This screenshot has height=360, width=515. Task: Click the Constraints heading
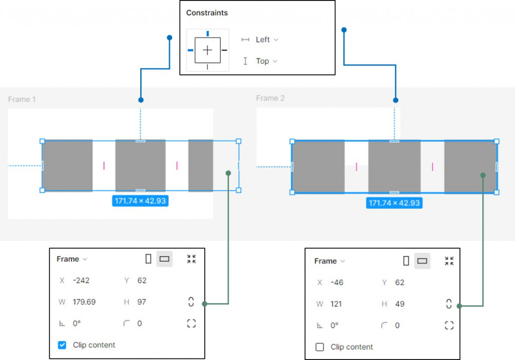pos(207,13)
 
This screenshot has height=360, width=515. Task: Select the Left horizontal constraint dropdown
pos(266,39)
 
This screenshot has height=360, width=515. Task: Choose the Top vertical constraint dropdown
pos(266,61)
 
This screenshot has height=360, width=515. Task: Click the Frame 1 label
pos(22,100)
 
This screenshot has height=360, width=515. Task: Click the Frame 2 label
pos(270,98)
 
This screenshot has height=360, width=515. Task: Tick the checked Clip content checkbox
pos(62,345)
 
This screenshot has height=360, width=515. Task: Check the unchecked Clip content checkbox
pos(320,347)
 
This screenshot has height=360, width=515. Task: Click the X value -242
pos(81,281)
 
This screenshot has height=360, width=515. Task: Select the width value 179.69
pos(84,302)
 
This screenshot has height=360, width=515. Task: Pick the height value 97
pos(142,302)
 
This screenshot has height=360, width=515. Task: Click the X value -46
pos(337,283)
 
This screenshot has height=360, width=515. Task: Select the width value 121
pos(336,304)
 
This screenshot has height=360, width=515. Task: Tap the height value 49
pos(400,304)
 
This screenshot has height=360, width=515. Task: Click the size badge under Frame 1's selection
pos(140,201)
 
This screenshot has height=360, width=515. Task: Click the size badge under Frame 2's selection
pos(394,203)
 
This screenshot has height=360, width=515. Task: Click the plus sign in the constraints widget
pos(208,50)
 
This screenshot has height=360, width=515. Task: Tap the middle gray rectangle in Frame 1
pos(140,165)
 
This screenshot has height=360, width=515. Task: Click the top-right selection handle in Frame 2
pos(497,141)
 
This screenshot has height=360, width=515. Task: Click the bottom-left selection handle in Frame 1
pos(42,190)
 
